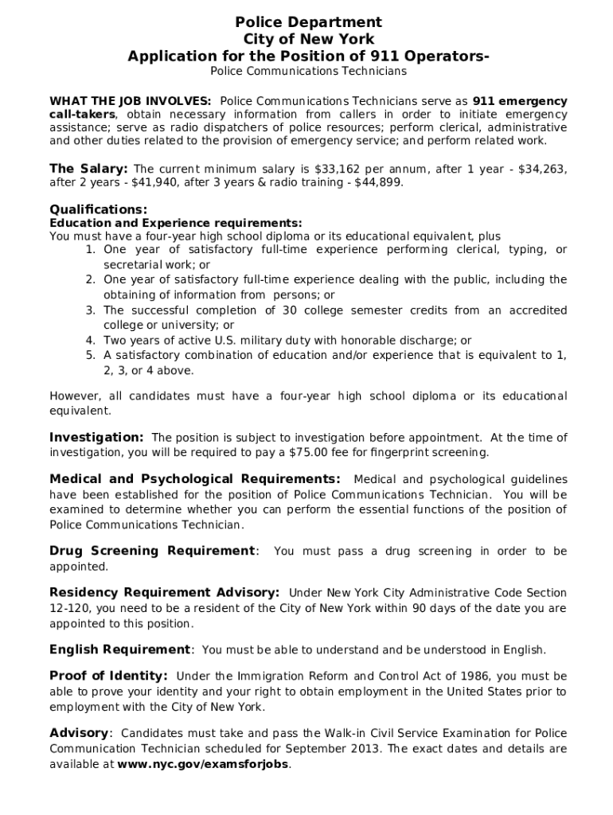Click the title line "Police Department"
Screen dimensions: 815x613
(x=307, y=22)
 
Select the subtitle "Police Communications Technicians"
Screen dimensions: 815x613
(x=307, y=72)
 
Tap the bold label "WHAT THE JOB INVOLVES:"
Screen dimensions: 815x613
(x=131, y=101)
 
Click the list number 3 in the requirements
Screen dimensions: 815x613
(x=91, y=310)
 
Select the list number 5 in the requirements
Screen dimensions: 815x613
(x=91, y=356)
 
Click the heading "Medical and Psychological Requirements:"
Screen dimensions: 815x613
(x=195, y=479)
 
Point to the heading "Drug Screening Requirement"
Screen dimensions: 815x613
(x=152, y=551)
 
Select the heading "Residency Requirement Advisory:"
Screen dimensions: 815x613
(x=164, y=593)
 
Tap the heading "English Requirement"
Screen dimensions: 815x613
(x=120, y=649)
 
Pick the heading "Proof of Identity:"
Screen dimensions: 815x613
(x=108, y=676)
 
